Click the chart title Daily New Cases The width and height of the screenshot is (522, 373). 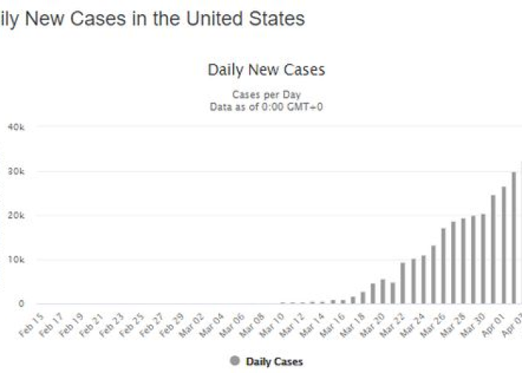tap(266, 70)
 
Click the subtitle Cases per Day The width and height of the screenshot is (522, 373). tap(266, 95)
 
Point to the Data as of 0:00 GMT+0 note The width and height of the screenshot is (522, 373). tap(266, 107)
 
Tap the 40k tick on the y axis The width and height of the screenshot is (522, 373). tap(16, 128)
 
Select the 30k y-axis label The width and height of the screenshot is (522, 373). tap(16, 172)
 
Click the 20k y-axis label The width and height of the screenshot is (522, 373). tap(16, 216)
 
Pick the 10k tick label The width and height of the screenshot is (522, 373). tap(16, 260)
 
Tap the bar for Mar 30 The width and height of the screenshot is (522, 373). tap(482, 259)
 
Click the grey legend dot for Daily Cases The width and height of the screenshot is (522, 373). tap(235, 361)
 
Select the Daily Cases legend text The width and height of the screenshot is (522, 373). tap(274, 361)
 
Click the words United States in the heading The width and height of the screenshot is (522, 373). tap(246, 19)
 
